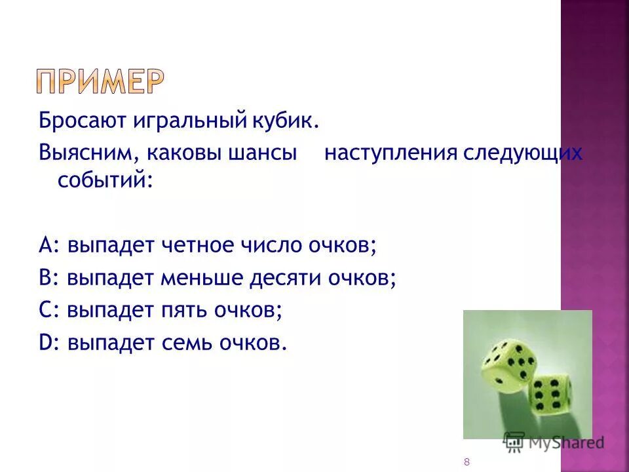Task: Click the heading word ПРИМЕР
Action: pos(100,81)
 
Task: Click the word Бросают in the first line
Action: pos(72,121)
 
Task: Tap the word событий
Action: pos(105,179)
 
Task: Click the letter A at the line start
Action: pos(45,245)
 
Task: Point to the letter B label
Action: pos(45,278)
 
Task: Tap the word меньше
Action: pos(201,278)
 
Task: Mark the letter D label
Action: pos(45,343)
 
